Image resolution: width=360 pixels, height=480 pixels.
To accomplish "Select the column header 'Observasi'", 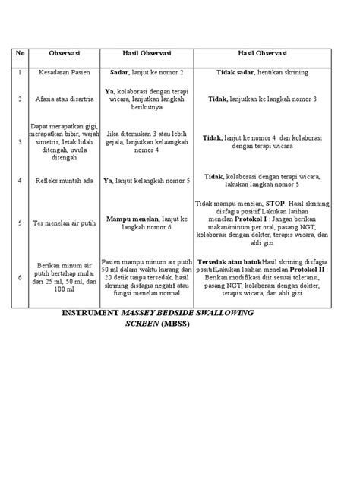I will pos(65,55).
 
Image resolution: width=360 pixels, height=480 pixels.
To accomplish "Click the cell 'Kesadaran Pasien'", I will pos(65,72).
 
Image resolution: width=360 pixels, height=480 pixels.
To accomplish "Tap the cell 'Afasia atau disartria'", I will pos(65,99).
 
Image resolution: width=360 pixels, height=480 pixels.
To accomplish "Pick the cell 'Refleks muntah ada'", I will pos(65,181).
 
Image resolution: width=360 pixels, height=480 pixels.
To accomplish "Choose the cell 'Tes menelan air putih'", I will pos(65,223).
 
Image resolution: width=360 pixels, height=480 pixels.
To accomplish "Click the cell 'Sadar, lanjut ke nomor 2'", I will pos(147,72).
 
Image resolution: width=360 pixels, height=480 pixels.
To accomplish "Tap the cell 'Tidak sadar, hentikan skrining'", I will pos(262,72).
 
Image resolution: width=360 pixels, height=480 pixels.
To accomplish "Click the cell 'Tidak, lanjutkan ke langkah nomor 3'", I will pos(262,99).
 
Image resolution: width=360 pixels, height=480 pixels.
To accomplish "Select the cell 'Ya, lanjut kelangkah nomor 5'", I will pos(147,181).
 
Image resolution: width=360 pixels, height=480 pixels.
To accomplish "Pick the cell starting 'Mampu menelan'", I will pos(147,223).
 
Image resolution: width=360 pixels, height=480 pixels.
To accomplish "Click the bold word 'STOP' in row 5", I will pos(274,204).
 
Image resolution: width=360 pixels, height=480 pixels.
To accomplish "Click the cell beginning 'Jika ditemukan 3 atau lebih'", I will pos(147,141).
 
